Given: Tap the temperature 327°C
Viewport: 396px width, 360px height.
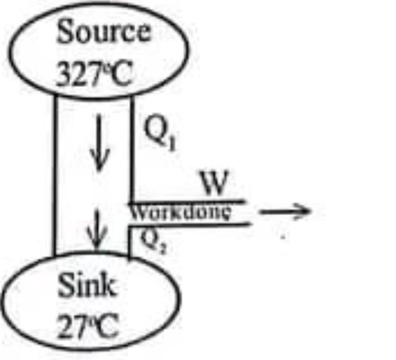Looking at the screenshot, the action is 94,74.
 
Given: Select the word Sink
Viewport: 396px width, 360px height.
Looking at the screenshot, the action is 87,285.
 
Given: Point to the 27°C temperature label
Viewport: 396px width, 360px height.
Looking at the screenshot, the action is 88,326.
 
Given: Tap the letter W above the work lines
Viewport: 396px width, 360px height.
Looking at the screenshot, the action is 215,183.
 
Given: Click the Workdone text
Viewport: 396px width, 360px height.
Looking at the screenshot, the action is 181,213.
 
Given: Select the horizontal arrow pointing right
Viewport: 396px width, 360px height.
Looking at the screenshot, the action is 285,212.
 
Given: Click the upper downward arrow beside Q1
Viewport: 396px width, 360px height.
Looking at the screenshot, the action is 99,142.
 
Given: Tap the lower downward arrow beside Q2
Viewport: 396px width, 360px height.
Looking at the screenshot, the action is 97,229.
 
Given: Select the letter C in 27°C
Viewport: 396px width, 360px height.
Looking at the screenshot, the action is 107,326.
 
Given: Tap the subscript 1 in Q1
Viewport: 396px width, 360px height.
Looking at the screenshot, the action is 171,144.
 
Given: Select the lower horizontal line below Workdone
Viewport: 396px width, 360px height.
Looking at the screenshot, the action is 189,225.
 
